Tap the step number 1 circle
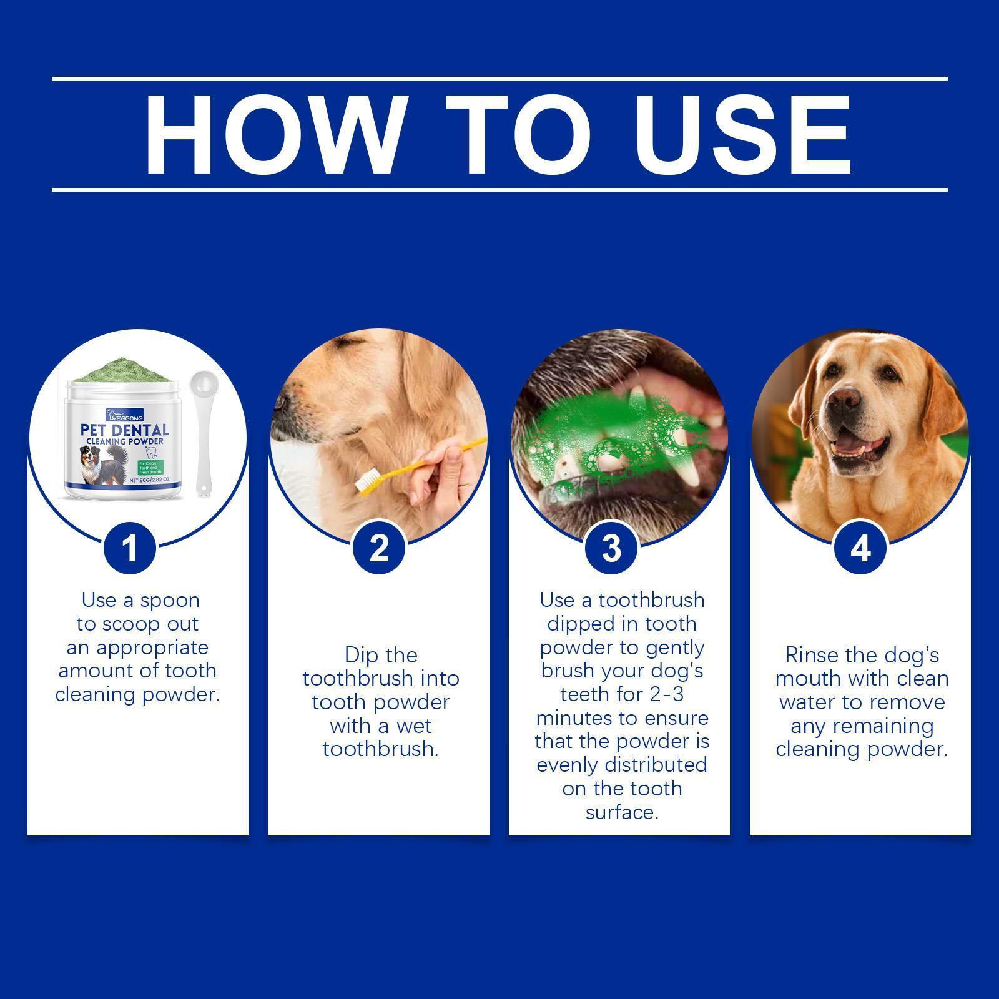[129, 549]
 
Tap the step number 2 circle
[379, 549]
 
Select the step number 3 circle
[612, 549]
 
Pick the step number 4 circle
[860, 549]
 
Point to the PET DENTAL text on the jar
[125, 430]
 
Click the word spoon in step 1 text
[170, 601]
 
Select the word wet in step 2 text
[415, 726]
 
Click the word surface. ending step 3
[622, 812]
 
